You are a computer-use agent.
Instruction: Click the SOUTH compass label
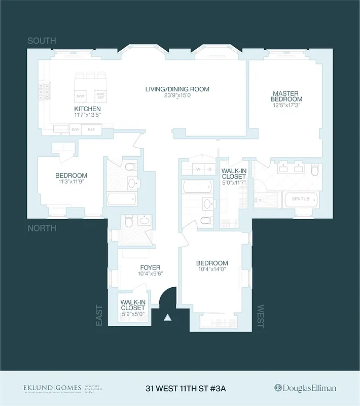42,41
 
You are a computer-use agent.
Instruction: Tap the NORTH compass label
42,228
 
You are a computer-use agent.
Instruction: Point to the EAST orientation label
99,315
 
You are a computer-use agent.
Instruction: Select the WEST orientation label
261,316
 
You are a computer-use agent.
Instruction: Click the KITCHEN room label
87,109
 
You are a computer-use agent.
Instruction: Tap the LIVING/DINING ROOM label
177,89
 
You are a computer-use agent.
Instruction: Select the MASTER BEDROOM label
287,96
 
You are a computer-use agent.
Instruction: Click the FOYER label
150,267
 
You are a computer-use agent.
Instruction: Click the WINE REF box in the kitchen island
100,95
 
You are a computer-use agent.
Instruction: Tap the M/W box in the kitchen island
80,95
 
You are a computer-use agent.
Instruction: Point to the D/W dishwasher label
75,129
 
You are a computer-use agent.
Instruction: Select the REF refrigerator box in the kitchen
91,129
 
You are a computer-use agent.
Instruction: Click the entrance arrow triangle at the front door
167,319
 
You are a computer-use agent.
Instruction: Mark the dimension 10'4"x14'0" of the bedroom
212,270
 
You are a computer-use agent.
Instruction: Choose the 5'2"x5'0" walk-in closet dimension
132,314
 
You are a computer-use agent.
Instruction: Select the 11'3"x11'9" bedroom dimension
71,182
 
